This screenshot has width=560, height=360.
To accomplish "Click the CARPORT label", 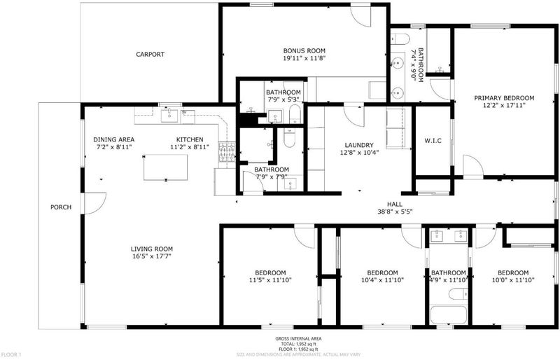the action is (x=150, y=55).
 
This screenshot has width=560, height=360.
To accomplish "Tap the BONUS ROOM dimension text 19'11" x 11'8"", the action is (x=304, y=58).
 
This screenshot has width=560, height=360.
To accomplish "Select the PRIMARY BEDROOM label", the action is (x=504, y=98).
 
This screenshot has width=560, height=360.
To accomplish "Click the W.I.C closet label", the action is (x=433, y=141).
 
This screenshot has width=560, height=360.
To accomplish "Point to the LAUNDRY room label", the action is (x=359, y=145).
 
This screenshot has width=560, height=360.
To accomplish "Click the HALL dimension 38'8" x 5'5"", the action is (x=395, y=212).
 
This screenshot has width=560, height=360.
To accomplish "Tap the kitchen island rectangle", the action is (x=165, y=168).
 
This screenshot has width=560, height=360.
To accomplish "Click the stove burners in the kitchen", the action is (x=227, y=151).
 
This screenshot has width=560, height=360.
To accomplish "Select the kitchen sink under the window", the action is (x=169, y=116).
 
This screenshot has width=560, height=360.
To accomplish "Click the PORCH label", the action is (x=61, y=207).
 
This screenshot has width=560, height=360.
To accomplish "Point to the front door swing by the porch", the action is (x=95, y=203).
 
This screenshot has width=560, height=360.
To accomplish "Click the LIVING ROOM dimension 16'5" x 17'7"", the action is (x=152, y=256).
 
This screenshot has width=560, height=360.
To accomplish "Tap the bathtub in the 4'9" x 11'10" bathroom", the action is (x=448, y=315).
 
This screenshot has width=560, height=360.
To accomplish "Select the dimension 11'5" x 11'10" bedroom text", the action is (x=270, y=280).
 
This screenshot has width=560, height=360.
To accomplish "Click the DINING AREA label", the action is (x=114, y=139).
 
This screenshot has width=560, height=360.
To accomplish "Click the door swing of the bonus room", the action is (x=361, y=16).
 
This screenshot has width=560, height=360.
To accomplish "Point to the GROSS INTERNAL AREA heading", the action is (x=298, y=338).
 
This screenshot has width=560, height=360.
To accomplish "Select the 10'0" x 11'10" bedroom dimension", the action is (x=513, y=280).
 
